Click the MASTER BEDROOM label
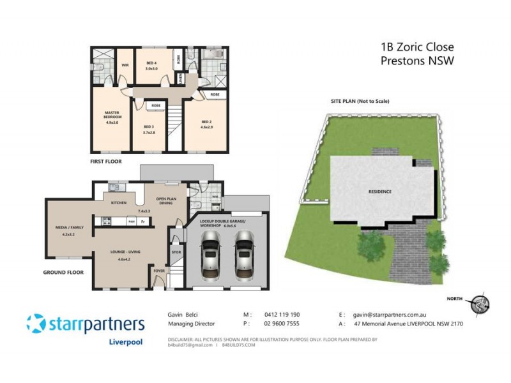point(112,114)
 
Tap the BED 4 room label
point(151,63)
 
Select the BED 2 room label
point(206,121)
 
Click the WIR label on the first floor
point(126,64)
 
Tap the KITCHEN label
point(119,202)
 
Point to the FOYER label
point(158,271)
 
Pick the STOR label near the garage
point(177,252)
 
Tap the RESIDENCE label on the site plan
point(379,191)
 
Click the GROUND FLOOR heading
point(65,271)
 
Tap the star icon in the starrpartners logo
point(36,323)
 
